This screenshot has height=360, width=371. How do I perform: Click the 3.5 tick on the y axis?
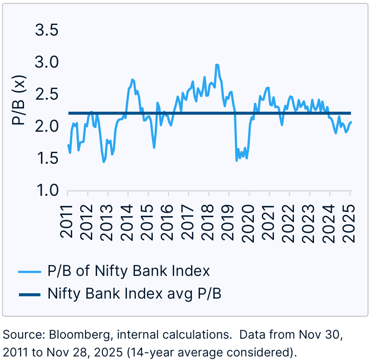(x=47, y=31)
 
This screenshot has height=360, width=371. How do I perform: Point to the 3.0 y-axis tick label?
(x=47, y=62)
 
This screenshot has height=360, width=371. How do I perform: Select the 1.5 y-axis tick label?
(x=47, y=158)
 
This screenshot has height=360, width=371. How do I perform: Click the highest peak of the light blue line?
(x=217, y=65)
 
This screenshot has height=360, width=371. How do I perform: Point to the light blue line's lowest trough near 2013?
(x=104, y=162)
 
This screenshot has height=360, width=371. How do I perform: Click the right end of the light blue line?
(x=351, y=122)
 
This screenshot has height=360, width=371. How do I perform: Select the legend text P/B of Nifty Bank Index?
(x=128, y=271)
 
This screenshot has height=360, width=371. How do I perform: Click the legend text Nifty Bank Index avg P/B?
(x=135, y=294)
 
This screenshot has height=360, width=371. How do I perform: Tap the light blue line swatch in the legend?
(x=29, y=271)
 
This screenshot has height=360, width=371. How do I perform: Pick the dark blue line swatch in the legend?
(x=29, y=294)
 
